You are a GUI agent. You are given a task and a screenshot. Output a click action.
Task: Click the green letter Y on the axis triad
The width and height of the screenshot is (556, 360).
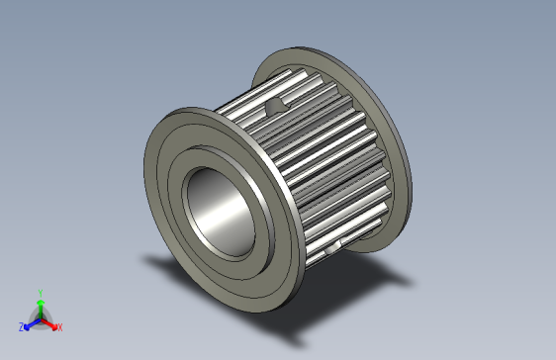(x=40, y=293)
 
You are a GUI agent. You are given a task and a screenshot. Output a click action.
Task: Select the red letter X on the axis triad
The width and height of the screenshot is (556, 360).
(x=59, y=326)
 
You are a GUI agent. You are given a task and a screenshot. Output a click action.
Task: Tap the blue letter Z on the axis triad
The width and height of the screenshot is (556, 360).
(x=21, y=326)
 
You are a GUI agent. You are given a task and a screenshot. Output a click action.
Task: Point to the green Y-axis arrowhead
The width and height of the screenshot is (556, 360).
(x=40, y=302)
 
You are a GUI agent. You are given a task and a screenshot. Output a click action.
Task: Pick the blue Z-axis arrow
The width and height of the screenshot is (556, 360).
(x=31, y=321)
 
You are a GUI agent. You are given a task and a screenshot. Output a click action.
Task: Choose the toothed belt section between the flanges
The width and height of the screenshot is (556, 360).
(x=317, y=158)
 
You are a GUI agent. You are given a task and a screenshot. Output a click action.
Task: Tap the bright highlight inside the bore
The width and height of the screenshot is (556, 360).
(x=210, y=213)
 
